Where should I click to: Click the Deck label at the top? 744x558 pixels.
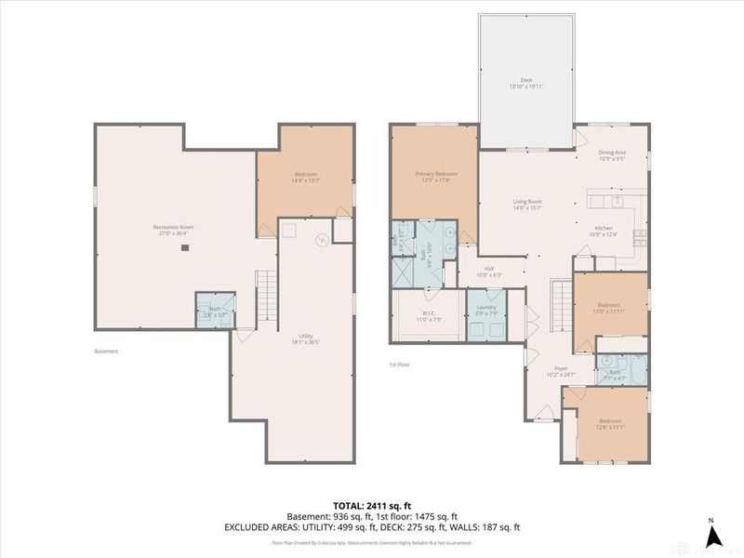coord(526,83)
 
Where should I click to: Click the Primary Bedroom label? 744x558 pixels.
coord(435,176)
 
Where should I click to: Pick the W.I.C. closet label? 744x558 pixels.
coord(426,314)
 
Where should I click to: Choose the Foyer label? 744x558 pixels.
coord(563,371)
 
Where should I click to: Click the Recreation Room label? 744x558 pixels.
coord(172,230)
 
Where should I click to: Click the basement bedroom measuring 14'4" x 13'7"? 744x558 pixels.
coord(306,177)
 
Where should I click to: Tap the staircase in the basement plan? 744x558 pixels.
coord(267,296)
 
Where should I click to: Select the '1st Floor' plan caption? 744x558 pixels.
coord(401,365)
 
